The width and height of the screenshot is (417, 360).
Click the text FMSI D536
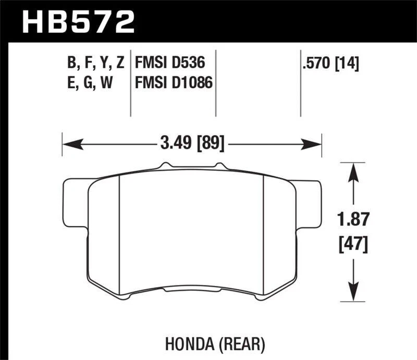(x=168, y=64)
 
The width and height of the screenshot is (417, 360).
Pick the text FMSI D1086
(x=173, y=82)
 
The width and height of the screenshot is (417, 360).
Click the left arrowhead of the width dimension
(x=68, y=142)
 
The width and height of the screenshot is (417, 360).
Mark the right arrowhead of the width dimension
(x=316, y=142)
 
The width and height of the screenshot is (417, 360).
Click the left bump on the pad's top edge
(x=163, y=166)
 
